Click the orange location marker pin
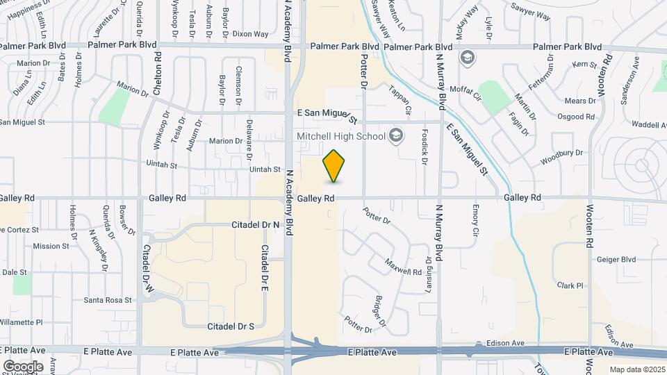334,166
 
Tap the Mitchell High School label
340,135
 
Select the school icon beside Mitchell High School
397,135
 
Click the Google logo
23,366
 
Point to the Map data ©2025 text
636,369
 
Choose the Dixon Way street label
250,33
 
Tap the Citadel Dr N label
254,225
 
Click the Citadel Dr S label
231,326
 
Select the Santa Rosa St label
108,300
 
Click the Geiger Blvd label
616,259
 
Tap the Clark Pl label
570,285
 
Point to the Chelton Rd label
158,75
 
